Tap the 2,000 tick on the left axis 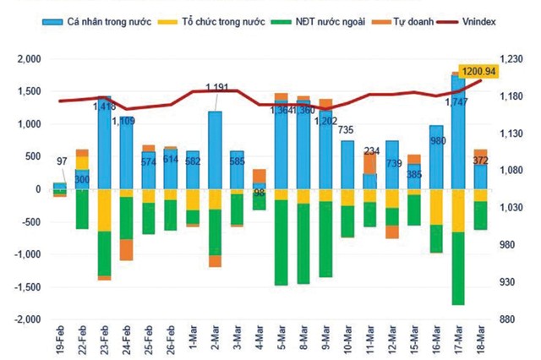pyautogui.click(x=27, y=58)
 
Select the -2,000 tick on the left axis pyautogui.click(x=25, y=319)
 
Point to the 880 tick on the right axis pyautogui.click(x=517, y=319)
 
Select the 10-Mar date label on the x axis pyautogui.click(x=347, y=341)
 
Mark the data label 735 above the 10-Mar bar pyautogui.click(x=347, y=130)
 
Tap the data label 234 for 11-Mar pyautogui.click(x=369, y=151)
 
